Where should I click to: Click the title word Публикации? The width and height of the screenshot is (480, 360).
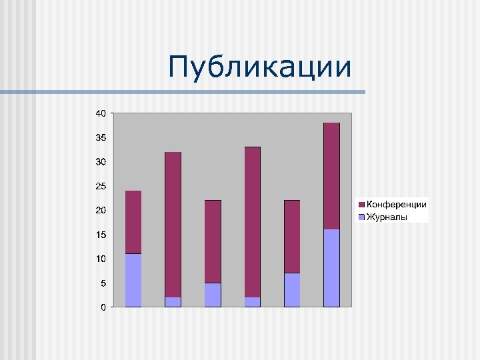tap(260, 67)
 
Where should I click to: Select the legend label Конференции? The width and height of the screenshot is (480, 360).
tap(397, 205)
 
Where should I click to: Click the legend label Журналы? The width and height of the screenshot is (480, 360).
tap(387, 217)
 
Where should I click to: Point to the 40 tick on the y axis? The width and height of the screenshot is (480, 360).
tap(100, 113)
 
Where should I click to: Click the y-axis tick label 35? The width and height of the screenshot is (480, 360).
tap(100, 137)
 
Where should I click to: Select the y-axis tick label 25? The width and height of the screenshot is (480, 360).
tap(100, 186)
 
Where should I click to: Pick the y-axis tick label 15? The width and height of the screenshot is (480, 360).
tap(100, 235)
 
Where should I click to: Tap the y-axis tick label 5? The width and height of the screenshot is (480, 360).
tap(103, 283)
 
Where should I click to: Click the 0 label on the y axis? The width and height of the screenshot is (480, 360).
tap(103, 307)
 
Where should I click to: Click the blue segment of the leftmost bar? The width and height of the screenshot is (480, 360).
tap(133, 280)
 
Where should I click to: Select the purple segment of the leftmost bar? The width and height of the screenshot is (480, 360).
tap(133, 222)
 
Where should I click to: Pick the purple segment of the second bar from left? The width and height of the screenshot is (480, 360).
tap(173, 225)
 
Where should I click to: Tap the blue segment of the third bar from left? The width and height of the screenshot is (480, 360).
tap(213, 295)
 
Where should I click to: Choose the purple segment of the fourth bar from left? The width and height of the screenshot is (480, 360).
tap(253, 222)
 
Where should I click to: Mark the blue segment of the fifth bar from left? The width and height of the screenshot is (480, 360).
tap(292, 290)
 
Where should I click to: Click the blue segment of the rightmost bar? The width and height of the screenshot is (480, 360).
tap(331, 268)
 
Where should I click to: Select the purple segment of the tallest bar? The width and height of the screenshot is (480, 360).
tap(331, 176)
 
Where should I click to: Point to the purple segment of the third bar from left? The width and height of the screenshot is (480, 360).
tap(213, 241)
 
